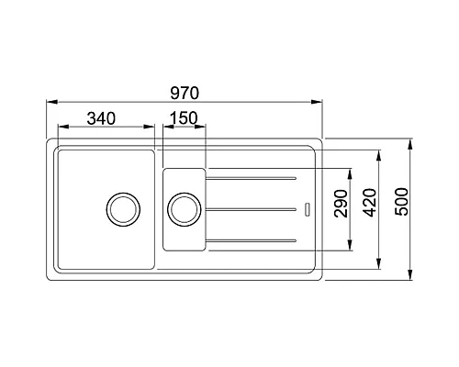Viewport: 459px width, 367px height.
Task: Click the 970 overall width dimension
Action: [x=185, y=93]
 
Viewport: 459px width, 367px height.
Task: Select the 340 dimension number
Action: [x=101, y=117]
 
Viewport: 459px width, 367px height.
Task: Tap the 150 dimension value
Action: [x=184, y=117]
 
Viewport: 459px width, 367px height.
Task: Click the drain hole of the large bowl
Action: [x=122, y=208]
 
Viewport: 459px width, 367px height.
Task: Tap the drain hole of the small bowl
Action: [x=184, y=208]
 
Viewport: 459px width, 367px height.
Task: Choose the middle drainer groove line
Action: [x=253, y=209]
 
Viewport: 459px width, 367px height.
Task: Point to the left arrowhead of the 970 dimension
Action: [x=50, y=103]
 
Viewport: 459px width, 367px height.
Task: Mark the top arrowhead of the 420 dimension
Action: [x=380, y=152]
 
